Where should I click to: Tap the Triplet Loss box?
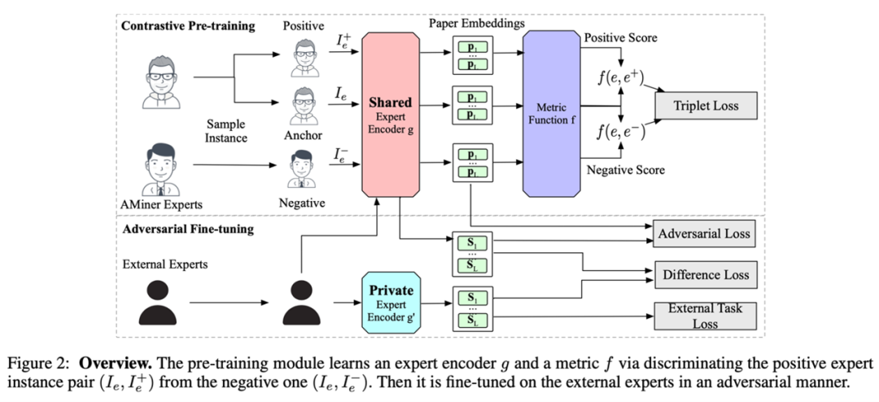coord(706,105)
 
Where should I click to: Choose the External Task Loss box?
coord(706,316)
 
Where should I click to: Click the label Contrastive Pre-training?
coord(188,26)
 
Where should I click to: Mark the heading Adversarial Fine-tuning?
coord(187,229)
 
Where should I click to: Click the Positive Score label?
coord(620,37)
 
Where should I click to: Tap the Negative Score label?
coord(624,170)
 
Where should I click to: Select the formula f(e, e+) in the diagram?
coord(620,79)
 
